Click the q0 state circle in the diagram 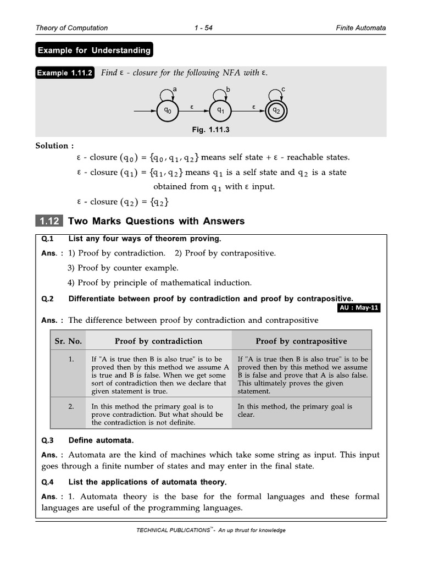(x=167, y=111)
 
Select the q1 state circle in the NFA (x=220, y=111)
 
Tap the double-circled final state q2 (x=276, y=111)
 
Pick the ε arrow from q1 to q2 (x=248, y=111)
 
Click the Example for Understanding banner (x=94, y=51)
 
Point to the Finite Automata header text (x=361, y=28)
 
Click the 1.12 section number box (x=48, y=221)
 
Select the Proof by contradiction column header (x=158, y=341)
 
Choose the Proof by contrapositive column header (x=301, y=341)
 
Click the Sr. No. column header (x=68, y=341)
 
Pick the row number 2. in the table (x=71, y=407)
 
